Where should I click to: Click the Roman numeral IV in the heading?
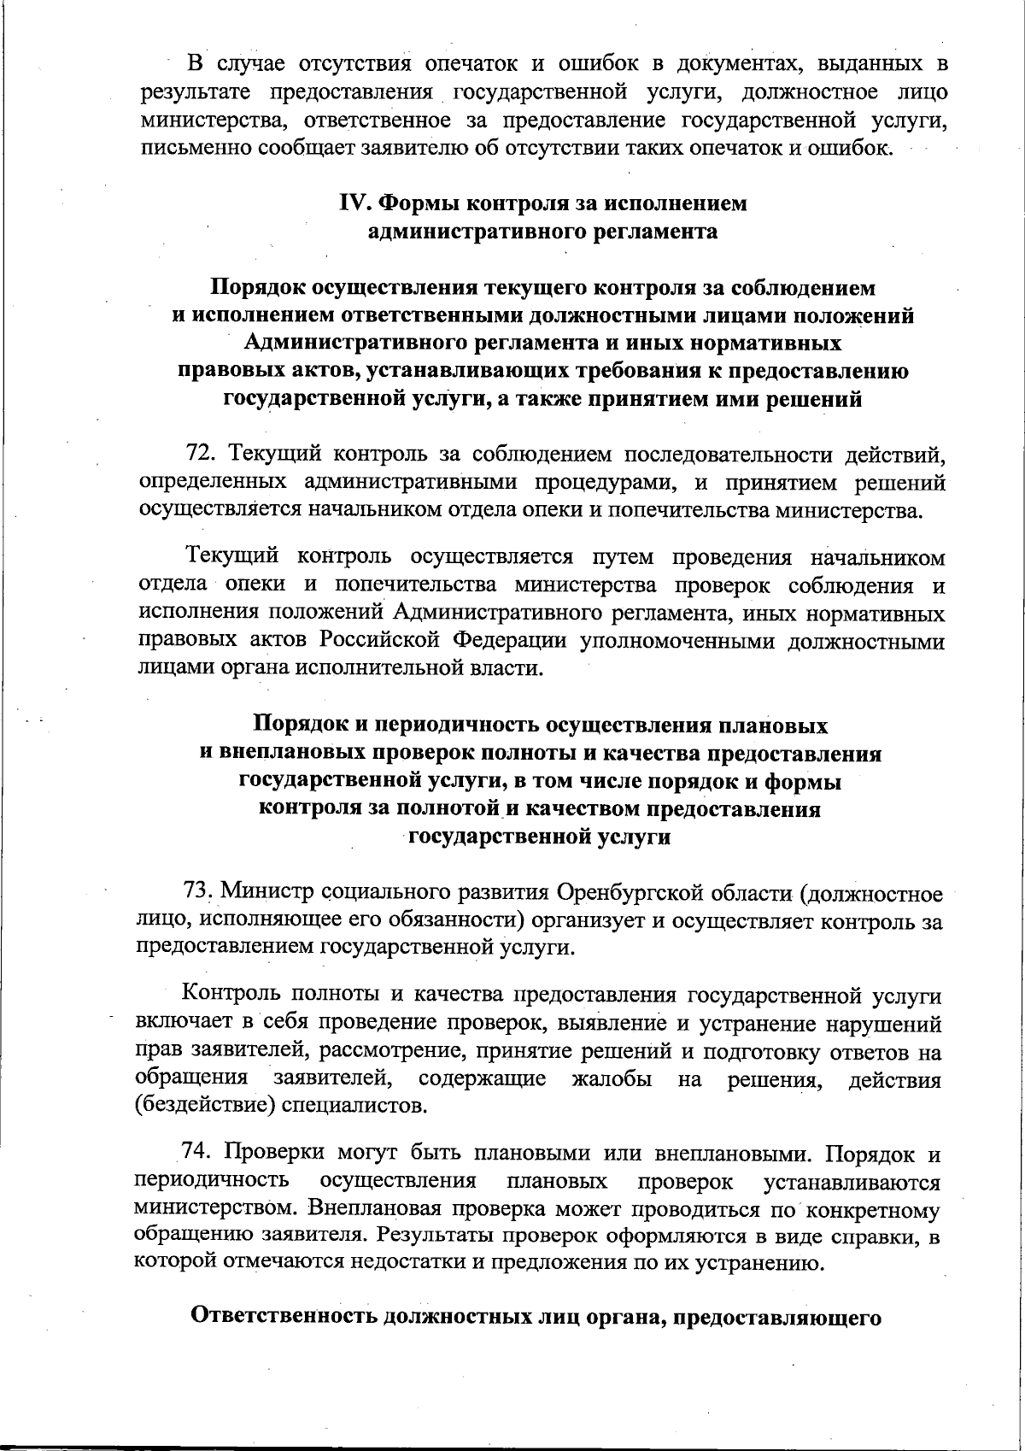354,203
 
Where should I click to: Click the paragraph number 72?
202,453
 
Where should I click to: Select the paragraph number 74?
197,1154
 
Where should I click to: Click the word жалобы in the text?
612,1078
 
